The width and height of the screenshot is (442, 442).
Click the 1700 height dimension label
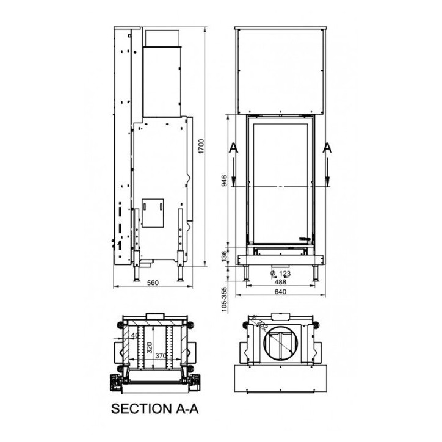pyautogui.click(x=201, y=148)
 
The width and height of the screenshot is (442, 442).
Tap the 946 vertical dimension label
pyautogui.click(x=225, y=181)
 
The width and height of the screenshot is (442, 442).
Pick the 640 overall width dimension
pyautogui.click(x=280, y=292)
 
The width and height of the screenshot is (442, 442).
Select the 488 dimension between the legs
pyautogui.click(x=280, y=282)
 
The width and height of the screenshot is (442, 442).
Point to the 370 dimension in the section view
pyautogui.click(x=161, y=356)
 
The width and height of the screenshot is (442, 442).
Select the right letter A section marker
pyautogui.click(x=328, y=148)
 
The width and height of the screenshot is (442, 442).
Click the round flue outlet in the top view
pyautogui.click(x=281, y=342)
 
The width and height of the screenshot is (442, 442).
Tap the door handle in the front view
pyautogui.click(x=305, y=237)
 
